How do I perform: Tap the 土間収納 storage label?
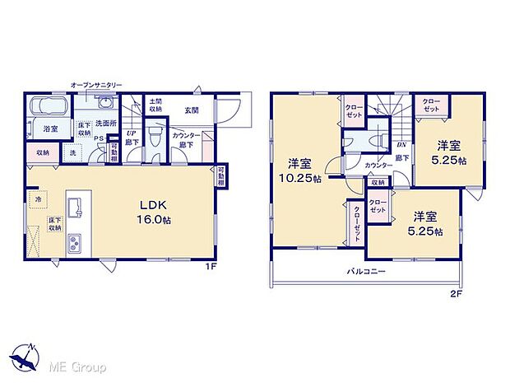click(155, 105)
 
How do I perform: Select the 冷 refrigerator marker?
click(37, 199)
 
